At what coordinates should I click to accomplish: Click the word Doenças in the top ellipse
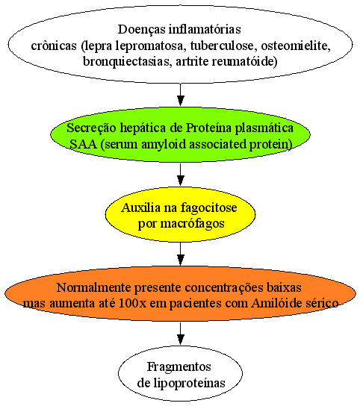[141, 30]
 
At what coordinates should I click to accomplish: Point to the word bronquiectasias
[127, 62]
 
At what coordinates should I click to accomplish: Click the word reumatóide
[244, 62]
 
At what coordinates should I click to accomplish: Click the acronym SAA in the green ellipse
[83, 144]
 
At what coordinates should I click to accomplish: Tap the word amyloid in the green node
[164, 145]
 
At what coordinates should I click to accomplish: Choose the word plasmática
[264, 128]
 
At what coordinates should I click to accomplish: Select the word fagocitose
[208, 208]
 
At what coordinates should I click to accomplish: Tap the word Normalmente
[93, 287]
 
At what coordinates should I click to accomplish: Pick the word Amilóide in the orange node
[276, 303]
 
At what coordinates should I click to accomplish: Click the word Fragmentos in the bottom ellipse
[179, 367]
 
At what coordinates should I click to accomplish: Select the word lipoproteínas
[189, 384]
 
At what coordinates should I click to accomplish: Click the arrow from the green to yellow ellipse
[181, 174]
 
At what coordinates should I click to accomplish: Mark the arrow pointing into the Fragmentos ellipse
[181, 334]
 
